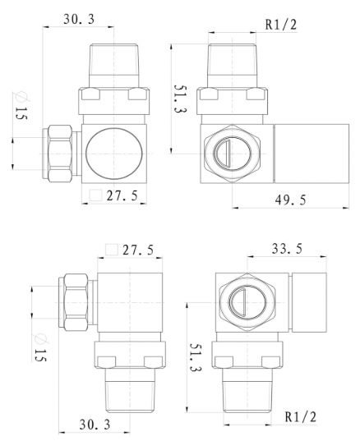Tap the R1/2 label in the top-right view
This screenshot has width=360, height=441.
pos(279,25)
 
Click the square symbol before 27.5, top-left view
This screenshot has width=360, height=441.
pos(95,196)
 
